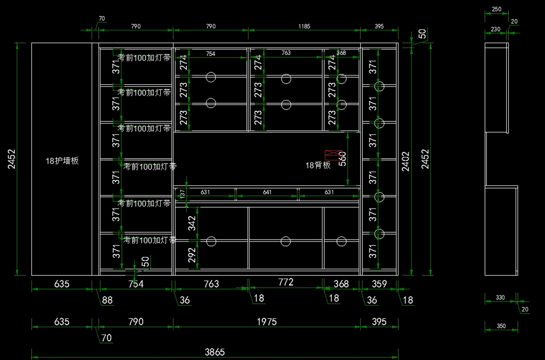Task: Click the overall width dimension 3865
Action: pos(215,352)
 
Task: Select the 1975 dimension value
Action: pos(267,322)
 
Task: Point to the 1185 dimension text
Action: pos(304,26)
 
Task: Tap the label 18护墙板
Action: pos(62,160)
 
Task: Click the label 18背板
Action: pos(318,165)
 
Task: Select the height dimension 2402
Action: pos(406,161)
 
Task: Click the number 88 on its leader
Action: pos(107,300)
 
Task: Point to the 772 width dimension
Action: pos(286,282)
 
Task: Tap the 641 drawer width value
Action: pos(267,192)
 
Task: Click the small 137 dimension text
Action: pos(183,194)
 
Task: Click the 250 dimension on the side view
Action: pos(496,10)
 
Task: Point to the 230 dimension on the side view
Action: pos(495,29)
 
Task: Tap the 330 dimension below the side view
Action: pos(500,298)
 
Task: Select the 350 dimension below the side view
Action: pos(501,326)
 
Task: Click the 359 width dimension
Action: pos(379,284)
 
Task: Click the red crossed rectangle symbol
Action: pos(333,155)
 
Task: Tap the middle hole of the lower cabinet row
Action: pos(286,241)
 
